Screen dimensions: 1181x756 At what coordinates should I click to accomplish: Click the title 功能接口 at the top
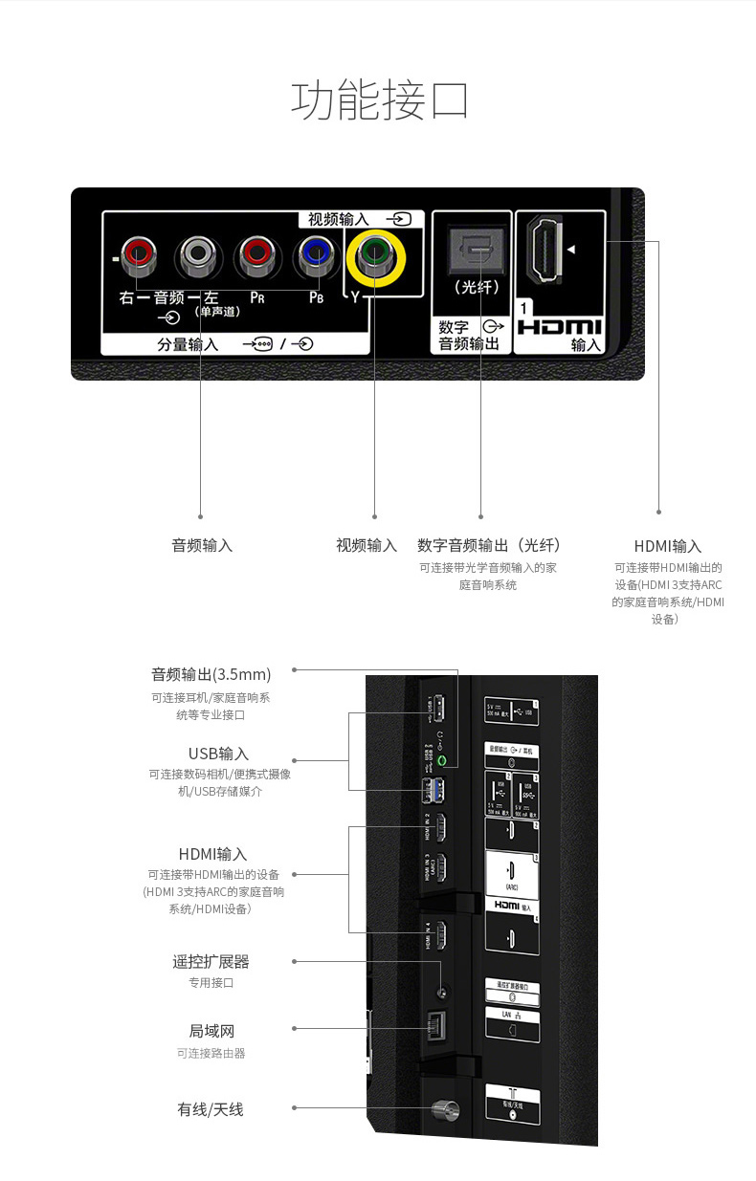coord(379,101)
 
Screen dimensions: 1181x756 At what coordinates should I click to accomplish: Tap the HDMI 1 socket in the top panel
coord(546,251)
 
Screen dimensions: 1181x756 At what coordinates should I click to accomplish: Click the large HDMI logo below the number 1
coord(559,326)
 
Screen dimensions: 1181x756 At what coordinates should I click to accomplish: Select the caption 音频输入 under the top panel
coord(202,545)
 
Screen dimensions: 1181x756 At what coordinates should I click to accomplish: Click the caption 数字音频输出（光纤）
coord(488,545)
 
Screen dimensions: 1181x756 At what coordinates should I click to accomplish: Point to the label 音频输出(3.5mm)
coord(211,674)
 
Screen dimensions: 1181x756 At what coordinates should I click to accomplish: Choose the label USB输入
coord(218,754)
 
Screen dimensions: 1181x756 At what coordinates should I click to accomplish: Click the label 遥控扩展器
coord(211,961)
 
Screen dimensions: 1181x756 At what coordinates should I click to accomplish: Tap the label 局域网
coord(211,1031)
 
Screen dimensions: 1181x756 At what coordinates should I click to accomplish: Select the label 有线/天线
coord(211,1109)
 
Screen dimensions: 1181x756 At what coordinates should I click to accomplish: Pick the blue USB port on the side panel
coord(439,790)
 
